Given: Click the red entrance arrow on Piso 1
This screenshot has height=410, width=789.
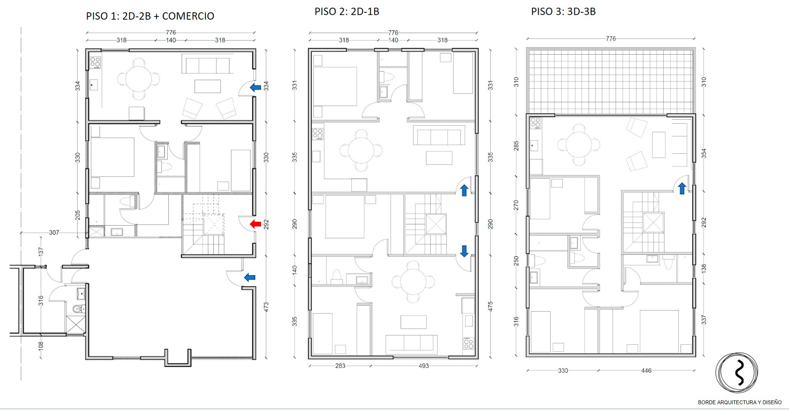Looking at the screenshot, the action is pos(256,224).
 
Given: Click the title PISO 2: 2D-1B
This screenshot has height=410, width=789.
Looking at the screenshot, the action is pos(347,12).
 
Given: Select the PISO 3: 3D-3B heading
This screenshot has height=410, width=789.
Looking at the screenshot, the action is pos(563,12).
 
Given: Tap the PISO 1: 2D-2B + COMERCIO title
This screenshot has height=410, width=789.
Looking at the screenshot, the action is pos(150,16).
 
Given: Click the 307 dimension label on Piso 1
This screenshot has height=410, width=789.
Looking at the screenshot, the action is pos(54,233).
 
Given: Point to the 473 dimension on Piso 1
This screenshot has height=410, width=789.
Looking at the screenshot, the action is pos(266,307).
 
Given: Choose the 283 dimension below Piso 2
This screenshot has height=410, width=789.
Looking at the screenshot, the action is pos(340,366).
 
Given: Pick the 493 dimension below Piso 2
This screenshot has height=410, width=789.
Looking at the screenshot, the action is pos(424,366).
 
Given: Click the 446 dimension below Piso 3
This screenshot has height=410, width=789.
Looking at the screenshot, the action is pos(646,371).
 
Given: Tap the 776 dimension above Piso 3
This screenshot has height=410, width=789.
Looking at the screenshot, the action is pos(611,39).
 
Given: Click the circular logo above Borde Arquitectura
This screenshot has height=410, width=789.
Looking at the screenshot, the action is pos(737,373).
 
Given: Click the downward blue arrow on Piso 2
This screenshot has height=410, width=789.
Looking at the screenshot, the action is pos(464,251).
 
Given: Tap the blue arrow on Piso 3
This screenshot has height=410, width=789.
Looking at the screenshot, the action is pos(682,189).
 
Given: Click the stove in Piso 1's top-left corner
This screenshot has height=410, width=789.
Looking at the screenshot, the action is pos(95,62).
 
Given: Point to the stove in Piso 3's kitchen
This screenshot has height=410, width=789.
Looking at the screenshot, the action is pos(535,123).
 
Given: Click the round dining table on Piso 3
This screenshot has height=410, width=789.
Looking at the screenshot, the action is pos(579,145).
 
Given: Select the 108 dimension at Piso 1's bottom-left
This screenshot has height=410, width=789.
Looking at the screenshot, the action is pos(41,346).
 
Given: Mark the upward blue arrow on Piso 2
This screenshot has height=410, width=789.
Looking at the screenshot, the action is pos(464,190).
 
